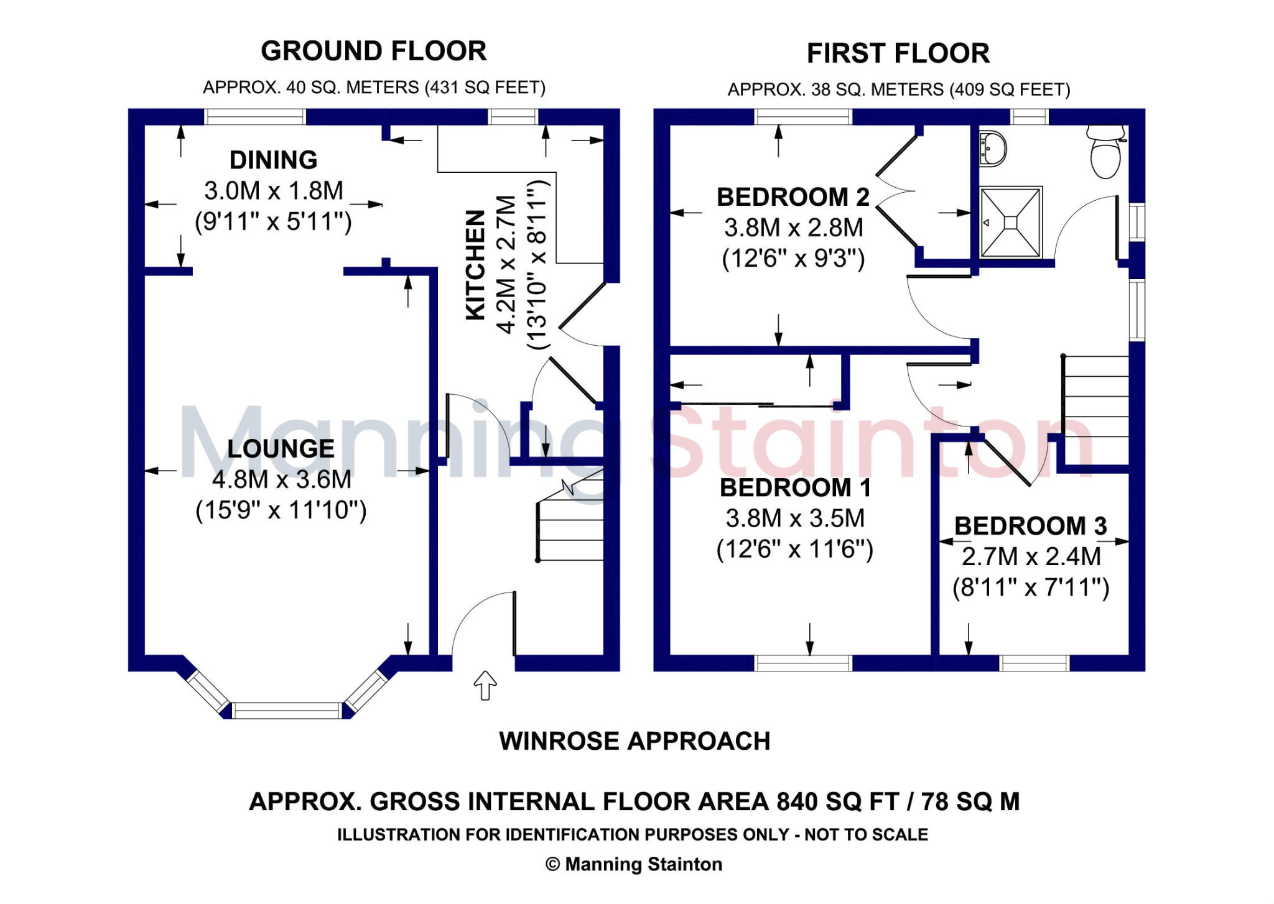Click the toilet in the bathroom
(1105, 152)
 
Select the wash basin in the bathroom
(992, 149)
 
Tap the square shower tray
(1010, 222)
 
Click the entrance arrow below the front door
(485, 685)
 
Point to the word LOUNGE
(281, 448)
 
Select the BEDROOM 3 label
(1030, 526)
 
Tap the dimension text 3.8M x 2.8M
(793, 228)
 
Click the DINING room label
(273, 160)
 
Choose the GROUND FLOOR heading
(373, 51)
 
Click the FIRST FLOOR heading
(898, 53)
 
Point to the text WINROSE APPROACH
(635, 741)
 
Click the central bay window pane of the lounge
(287, 710)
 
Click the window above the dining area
(255, 117)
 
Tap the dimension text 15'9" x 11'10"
(281, 510)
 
